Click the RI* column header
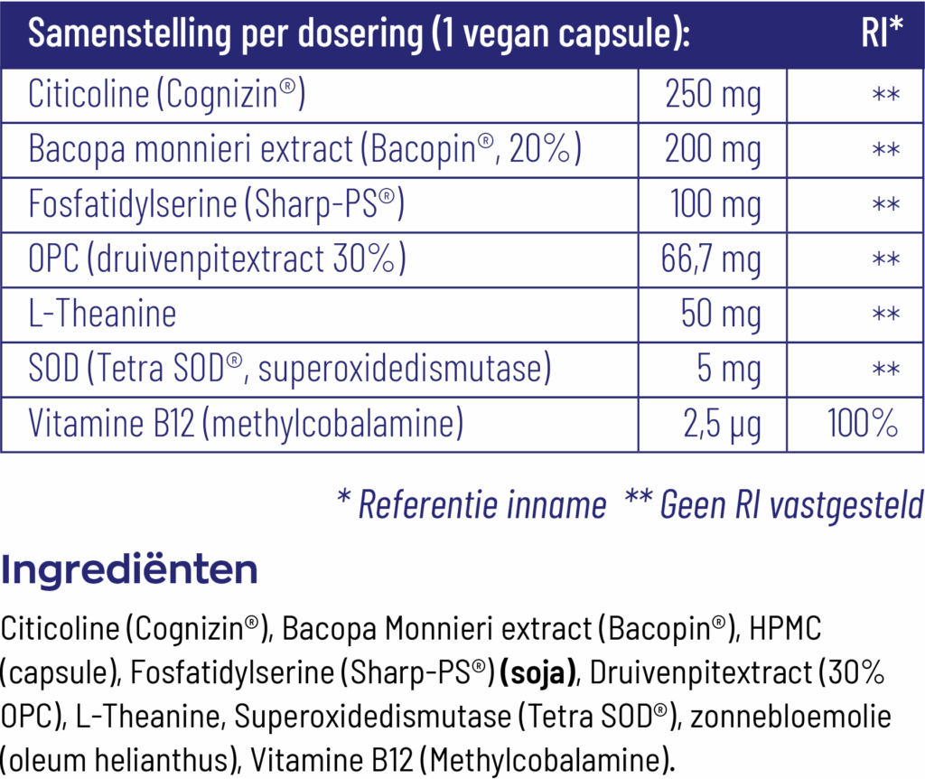coord(882,33)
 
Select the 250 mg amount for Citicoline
coord(713,95)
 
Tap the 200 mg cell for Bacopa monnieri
coord(713,150)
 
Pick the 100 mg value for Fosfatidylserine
coord(715,205)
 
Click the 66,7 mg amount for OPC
coord(712,260)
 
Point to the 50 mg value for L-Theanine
coord(721,314)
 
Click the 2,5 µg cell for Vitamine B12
coord(722,424)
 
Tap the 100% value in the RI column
coord(863,424)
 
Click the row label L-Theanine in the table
coord(102,314)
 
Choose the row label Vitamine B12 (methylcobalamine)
coord(246,424)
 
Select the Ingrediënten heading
coord(129,570)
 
